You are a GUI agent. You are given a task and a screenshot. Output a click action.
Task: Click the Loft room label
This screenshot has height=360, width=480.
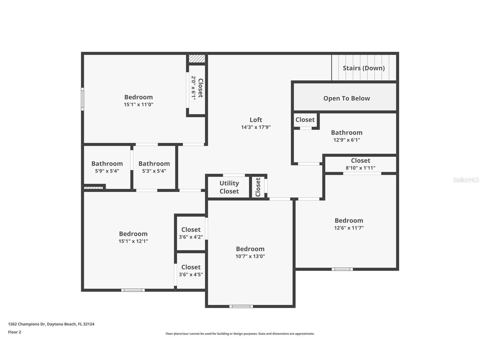coord(256,120)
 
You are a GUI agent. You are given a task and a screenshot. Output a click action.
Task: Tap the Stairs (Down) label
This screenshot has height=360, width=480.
coord(364,68)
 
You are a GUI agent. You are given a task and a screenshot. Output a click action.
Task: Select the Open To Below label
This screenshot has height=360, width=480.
coord(346,98)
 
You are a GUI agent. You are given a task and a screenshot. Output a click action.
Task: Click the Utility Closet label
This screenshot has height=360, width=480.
coord(229,187)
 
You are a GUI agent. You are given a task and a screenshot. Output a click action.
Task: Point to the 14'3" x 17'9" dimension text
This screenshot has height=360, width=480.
coord(256,127)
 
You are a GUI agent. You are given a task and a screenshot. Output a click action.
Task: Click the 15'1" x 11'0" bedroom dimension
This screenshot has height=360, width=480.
coord(139,104)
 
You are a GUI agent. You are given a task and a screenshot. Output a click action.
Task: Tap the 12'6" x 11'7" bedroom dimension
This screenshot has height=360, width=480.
coord(349,228)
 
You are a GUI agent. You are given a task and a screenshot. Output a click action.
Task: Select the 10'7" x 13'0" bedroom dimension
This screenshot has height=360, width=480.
coord(250,256)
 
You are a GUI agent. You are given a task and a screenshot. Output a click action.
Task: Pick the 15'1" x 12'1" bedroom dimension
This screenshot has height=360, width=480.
coord(133,241)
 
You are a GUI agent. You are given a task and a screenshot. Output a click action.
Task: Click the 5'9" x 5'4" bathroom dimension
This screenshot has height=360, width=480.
coord(107,171)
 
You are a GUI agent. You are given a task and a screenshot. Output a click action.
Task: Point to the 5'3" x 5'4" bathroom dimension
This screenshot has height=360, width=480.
coord(154,171)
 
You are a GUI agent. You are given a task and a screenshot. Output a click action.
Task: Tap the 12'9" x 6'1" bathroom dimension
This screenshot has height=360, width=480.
coord(347,140)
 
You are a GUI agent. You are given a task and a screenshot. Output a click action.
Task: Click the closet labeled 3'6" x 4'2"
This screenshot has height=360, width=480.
coord(191,233)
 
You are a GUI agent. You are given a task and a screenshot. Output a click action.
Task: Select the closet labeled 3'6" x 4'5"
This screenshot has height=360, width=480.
coord(191,271)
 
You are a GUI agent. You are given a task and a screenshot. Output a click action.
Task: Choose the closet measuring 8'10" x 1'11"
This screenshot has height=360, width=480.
coord(361,164)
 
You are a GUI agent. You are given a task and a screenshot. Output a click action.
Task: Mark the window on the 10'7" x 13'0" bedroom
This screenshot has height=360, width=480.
coord(241,306)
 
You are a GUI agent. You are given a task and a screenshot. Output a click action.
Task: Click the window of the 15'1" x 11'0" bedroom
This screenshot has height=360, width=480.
coord(83,99)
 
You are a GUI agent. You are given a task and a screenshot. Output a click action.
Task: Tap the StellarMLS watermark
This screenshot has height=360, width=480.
coord(466,180)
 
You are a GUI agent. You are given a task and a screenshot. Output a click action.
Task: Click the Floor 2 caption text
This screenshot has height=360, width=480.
coord(14,332)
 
